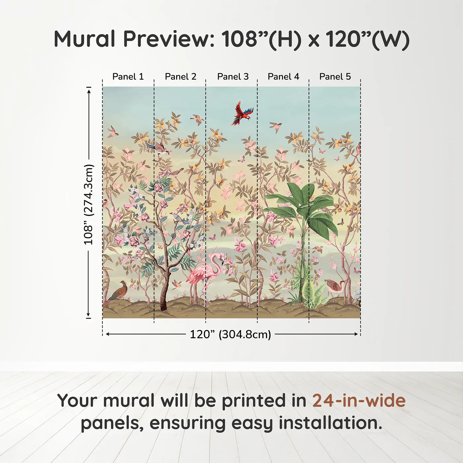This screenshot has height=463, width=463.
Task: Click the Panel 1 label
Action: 128,77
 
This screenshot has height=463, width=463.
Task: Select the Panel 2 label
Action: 181,77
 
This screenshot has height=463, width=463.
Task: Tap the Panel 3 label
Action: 233,77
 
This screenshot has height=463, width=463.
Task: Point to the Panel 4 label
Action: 283,77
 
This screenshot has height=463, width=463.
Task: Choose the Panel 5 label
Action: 335,77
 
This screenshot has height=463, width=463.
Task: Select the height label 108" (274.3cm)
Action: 88,205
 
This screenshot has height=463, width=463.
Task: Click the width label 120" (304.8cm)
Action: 231,334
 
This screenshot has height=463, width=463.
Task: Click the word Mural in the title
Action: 84,39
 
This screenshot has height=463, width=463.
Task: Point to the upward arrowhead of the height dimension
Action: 89,92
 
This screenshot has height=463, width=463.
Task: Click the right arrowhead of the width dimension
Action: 356,334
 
